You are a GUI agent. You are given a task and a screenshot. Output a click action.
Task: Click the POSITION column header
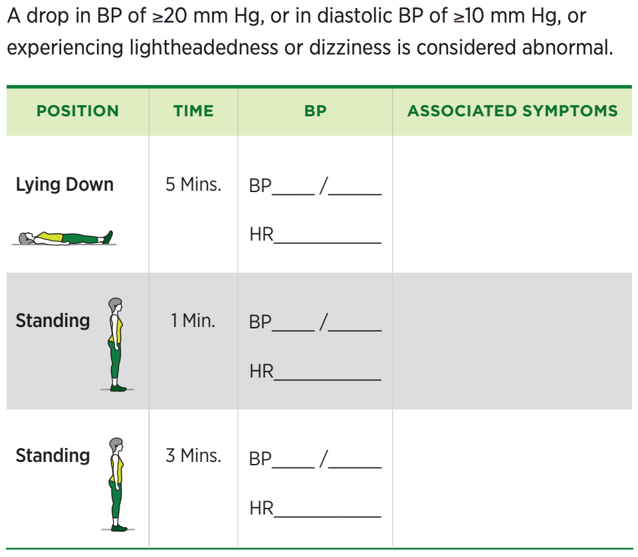tap(78, 111)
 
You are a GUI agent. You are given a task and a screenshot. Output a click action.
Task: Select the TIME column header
tap(193, 111)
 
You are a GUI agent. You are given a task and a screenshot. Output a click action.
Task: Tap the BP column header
tap(315, 111)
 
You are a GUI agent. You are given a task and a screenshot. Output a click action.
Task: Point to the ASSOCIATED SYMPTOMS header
tap(512, 111)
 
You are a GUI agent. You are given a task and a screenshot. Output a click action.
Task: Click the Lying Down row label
tap(64, 185)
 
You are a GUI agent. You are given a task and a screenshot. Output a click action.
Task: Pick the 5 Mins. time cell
tap(193, 184)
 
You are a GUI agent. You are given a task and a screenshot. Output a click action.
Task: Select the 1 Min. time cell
tap(193, 320)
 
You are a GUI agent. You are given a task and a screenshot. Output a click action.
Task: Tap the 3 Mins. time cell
tap(193, 456)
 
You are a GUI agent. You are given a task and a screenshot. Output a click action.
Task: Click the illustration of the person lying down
tap(65, 238)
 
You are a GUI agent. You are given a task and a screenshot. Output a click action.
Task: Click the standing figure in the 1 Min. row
tap(116, 344)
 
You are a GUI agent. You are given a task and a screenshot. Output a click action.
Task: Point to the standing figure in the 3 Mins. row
tap(117, 484)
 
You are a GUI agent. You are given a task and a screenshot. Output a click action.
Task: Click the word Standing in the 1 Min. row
tap(53, 321)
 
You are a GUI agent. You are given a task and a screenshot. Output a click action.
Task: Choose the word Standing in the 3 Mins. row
tap(53, 456)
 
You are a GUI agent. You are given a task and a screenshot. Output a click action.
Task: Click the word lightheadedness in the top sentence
tap(203, 48)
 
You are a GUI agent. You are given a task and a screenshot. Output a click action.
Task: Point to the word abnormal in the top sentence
tap(567, 48)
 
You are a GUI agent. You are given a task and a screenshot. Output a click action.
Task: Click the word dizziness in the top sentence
tap(350, 48)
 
